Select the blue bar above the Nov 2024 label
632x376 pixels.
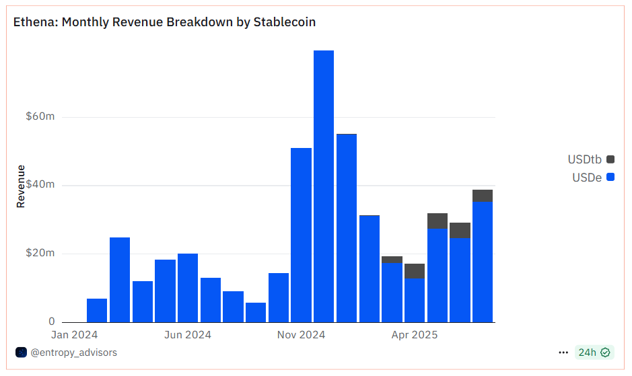click(x=301, y=235)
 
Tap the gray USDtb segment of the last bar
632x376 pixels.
click(x=483, y=196)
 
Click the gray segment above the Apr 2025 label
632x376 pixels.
click(x=415, y=270)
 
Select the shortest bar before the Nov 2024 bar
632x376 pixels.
click(x=256, y=312)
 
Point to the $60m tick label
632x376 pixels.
click(x=40, y=116)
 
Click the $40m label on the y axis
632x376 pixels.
click(x=40, y=185)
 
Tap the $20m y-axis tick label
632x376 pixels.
click(x=40, y=254)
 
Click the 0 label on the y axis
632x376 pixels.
click(x=52, y=322)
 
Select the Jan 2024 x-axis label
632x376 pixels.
click(x=75, y=334)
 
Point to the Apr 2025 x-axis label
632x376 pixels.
click(x=415, y=334)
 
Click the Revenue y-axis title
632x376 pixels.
click(x=21, y=186)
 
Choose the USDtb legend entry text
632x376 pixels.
click(x=584, y=159)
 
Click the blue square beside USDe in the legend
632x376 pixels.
click(x=610, y=178)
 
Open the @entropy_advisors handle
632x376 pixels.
click(x=73, y=352)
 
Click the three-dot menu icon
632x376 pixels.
click(x=563, y=352)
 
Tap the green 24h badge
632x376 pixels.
click(x=594, y=352)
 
